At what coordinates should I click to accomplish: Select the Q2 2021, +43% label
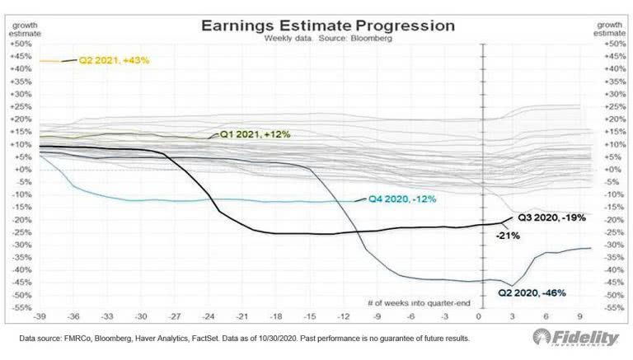click(113, 60)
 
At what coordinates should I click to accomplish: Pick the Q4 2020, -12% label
click(401, 199)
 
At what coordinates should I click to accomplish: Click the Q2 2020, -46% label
click(532, 292)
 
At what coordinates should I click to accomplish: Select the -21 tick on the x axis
click(241, 316)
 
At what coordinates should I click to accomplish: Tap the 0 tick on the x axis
click(479, 316)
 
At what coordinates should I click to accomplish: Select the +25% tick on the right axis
click(610, 106)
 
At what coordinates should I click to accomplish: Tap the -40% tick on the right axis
click(610, 270)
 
